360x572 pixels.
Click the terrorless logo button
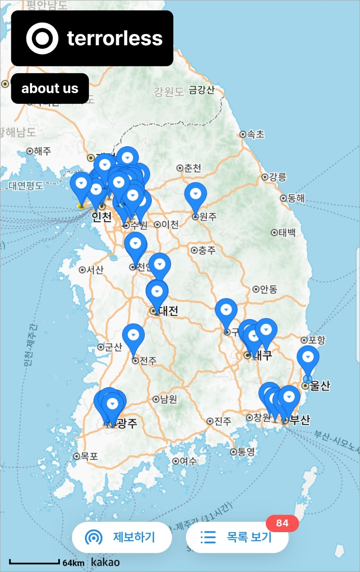tap(92, 38)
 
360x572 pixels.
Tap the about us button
tap(50, 88)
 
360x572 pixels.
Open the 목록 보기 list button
tap(237, 537)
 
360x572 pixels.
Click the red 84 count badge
tap(282, 523)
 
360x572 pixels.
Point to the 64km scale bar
tap(35, 562)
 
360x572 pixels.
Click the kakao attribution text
tap(106, 562)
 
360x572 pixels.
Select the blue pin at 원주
tap(195, 194)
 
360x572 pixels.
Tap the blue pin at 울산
tap(308, 358)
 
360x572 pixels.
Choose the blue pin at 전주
tap(133, 336)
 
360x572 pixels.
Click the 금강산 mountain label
tap(202, 90)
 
